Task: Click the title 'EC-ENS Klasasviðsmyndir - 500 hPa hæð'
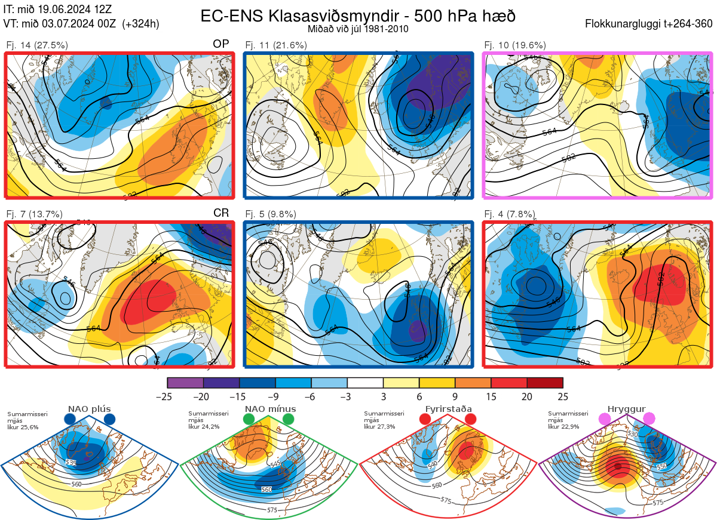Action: (x=358, y=16)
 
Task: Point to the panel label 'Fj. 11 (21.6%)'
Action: (x=276, y=45)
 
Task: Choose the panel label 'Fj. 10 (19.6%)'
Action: (x=515, y=45)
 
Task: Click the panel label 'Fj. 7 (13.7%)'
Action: (x=35, y=214)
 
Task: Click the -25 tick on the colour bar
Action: (x=168, y=396)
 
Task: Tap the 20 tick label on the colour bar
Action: (x=526, y=396)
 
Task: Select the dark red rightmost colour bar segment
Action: (x=545, y=383)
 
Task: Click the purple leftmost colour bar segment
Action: (x=185, y=383)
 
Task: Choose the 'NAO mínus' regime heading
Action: (x=270, y=409)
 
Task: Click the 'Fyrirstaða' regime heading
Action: (x=448, y=409)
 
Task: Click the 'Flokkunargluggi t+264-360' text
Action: (x=649, y=24)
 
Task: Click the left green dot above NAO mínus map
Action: (x=249, y=420)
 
